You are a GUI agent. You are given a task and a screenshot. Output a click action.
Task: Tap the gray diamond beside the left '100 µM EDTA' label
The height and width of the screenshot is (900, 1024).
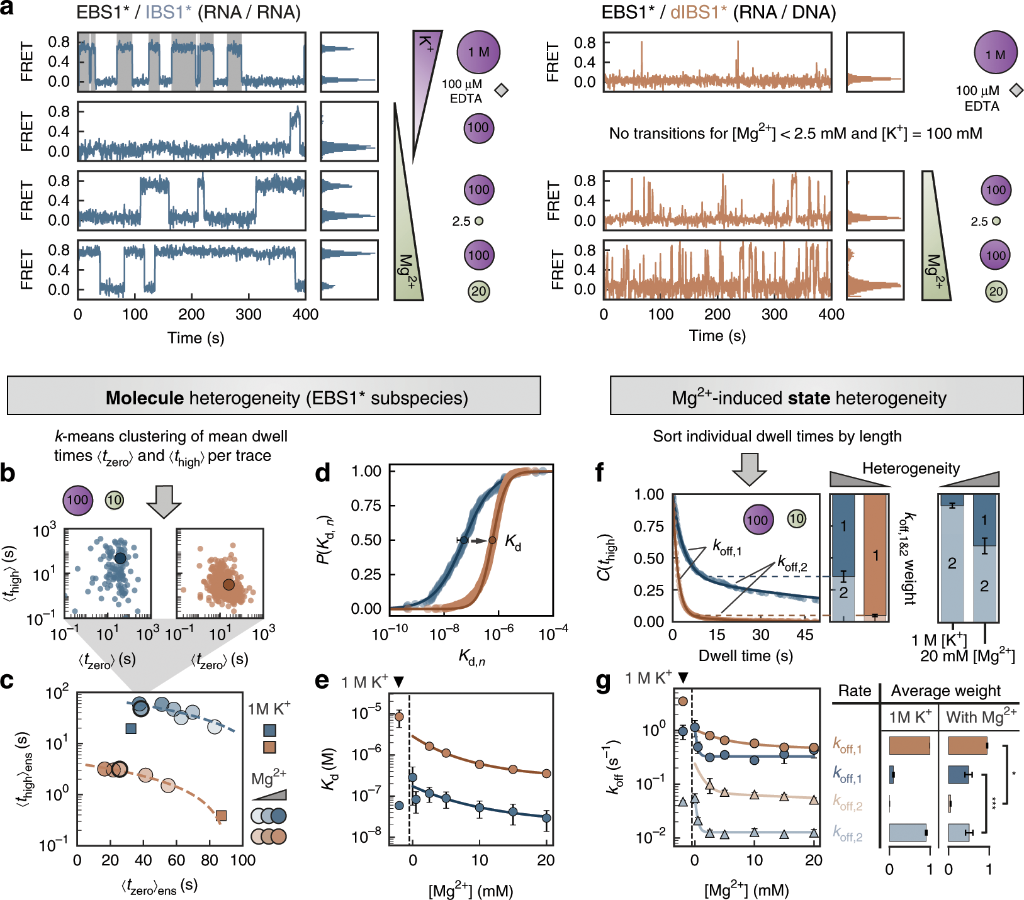pyautogui.click(x=501, y=91)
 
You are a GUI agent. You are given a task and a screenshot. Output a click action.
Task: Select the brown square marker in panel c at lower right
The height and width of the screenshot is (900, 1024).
pyautogui.click(x=222, y=816)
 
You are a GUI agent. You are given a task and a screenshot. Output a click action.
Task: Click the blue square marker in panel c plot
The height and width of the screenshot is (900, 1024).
pyautogui.click(x=131, y=728)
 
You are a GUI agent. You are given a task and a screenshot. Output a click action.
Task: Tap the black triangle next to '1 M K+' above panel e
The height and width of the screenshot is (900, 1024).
pyautogui.click(x=398, y=682)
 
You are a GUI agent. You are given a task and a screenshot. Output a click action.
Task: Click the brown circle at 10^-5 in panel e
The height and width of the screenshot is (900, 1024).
pyautogui.click(x=399, y=716)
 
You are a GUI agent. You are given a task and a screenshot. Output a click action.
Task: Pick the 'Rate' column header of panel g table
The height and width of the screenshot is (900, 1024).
pyautogui.click(x=855, y=691)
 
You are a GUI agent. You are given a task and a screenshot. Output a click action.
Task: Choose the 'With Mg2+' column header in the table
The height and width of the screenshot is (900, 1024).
pyautogui.click(x=981, y=716)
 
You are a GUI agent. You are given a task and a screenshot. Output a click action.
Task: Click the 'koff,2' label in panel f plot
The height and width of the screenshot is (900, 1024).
pyautogui.click(x=792, y=562)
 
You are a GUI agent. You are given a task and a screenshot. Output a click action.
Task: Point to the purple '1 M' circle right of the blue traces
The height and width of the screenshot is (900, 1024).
pyautogui.click(x=478, y=52)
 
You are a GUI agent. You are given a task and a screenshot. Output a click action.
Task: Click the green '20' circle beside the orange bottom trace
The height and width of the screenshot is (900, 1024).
pyautogui.click(x=996, y=291)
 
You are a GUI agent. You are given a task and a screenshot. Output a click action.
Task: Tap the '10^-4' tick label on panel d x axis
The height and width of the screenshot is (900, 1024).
pyautogui.click(x=553, y=633)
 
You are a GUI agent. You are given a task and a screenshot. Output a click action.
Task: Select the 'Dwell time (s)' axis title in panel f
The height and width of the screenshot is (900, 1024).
pyautogui.click(x=745, y=656)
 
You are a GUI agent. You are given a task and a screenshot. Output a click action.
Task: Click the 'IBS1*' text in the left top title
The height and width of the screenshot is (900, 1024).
pyautogui.click(x=168, y=13)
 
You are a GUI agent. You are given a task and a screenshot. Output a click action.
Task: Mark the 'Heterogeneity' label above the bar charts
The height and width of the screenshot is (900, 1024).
pyautogui.click(x=911, y=469)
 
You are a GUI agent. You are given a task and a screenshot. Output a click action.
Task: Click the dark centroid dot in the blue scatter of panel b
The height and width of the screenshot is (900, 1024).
pyautogui.click(x=120, y=558)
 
